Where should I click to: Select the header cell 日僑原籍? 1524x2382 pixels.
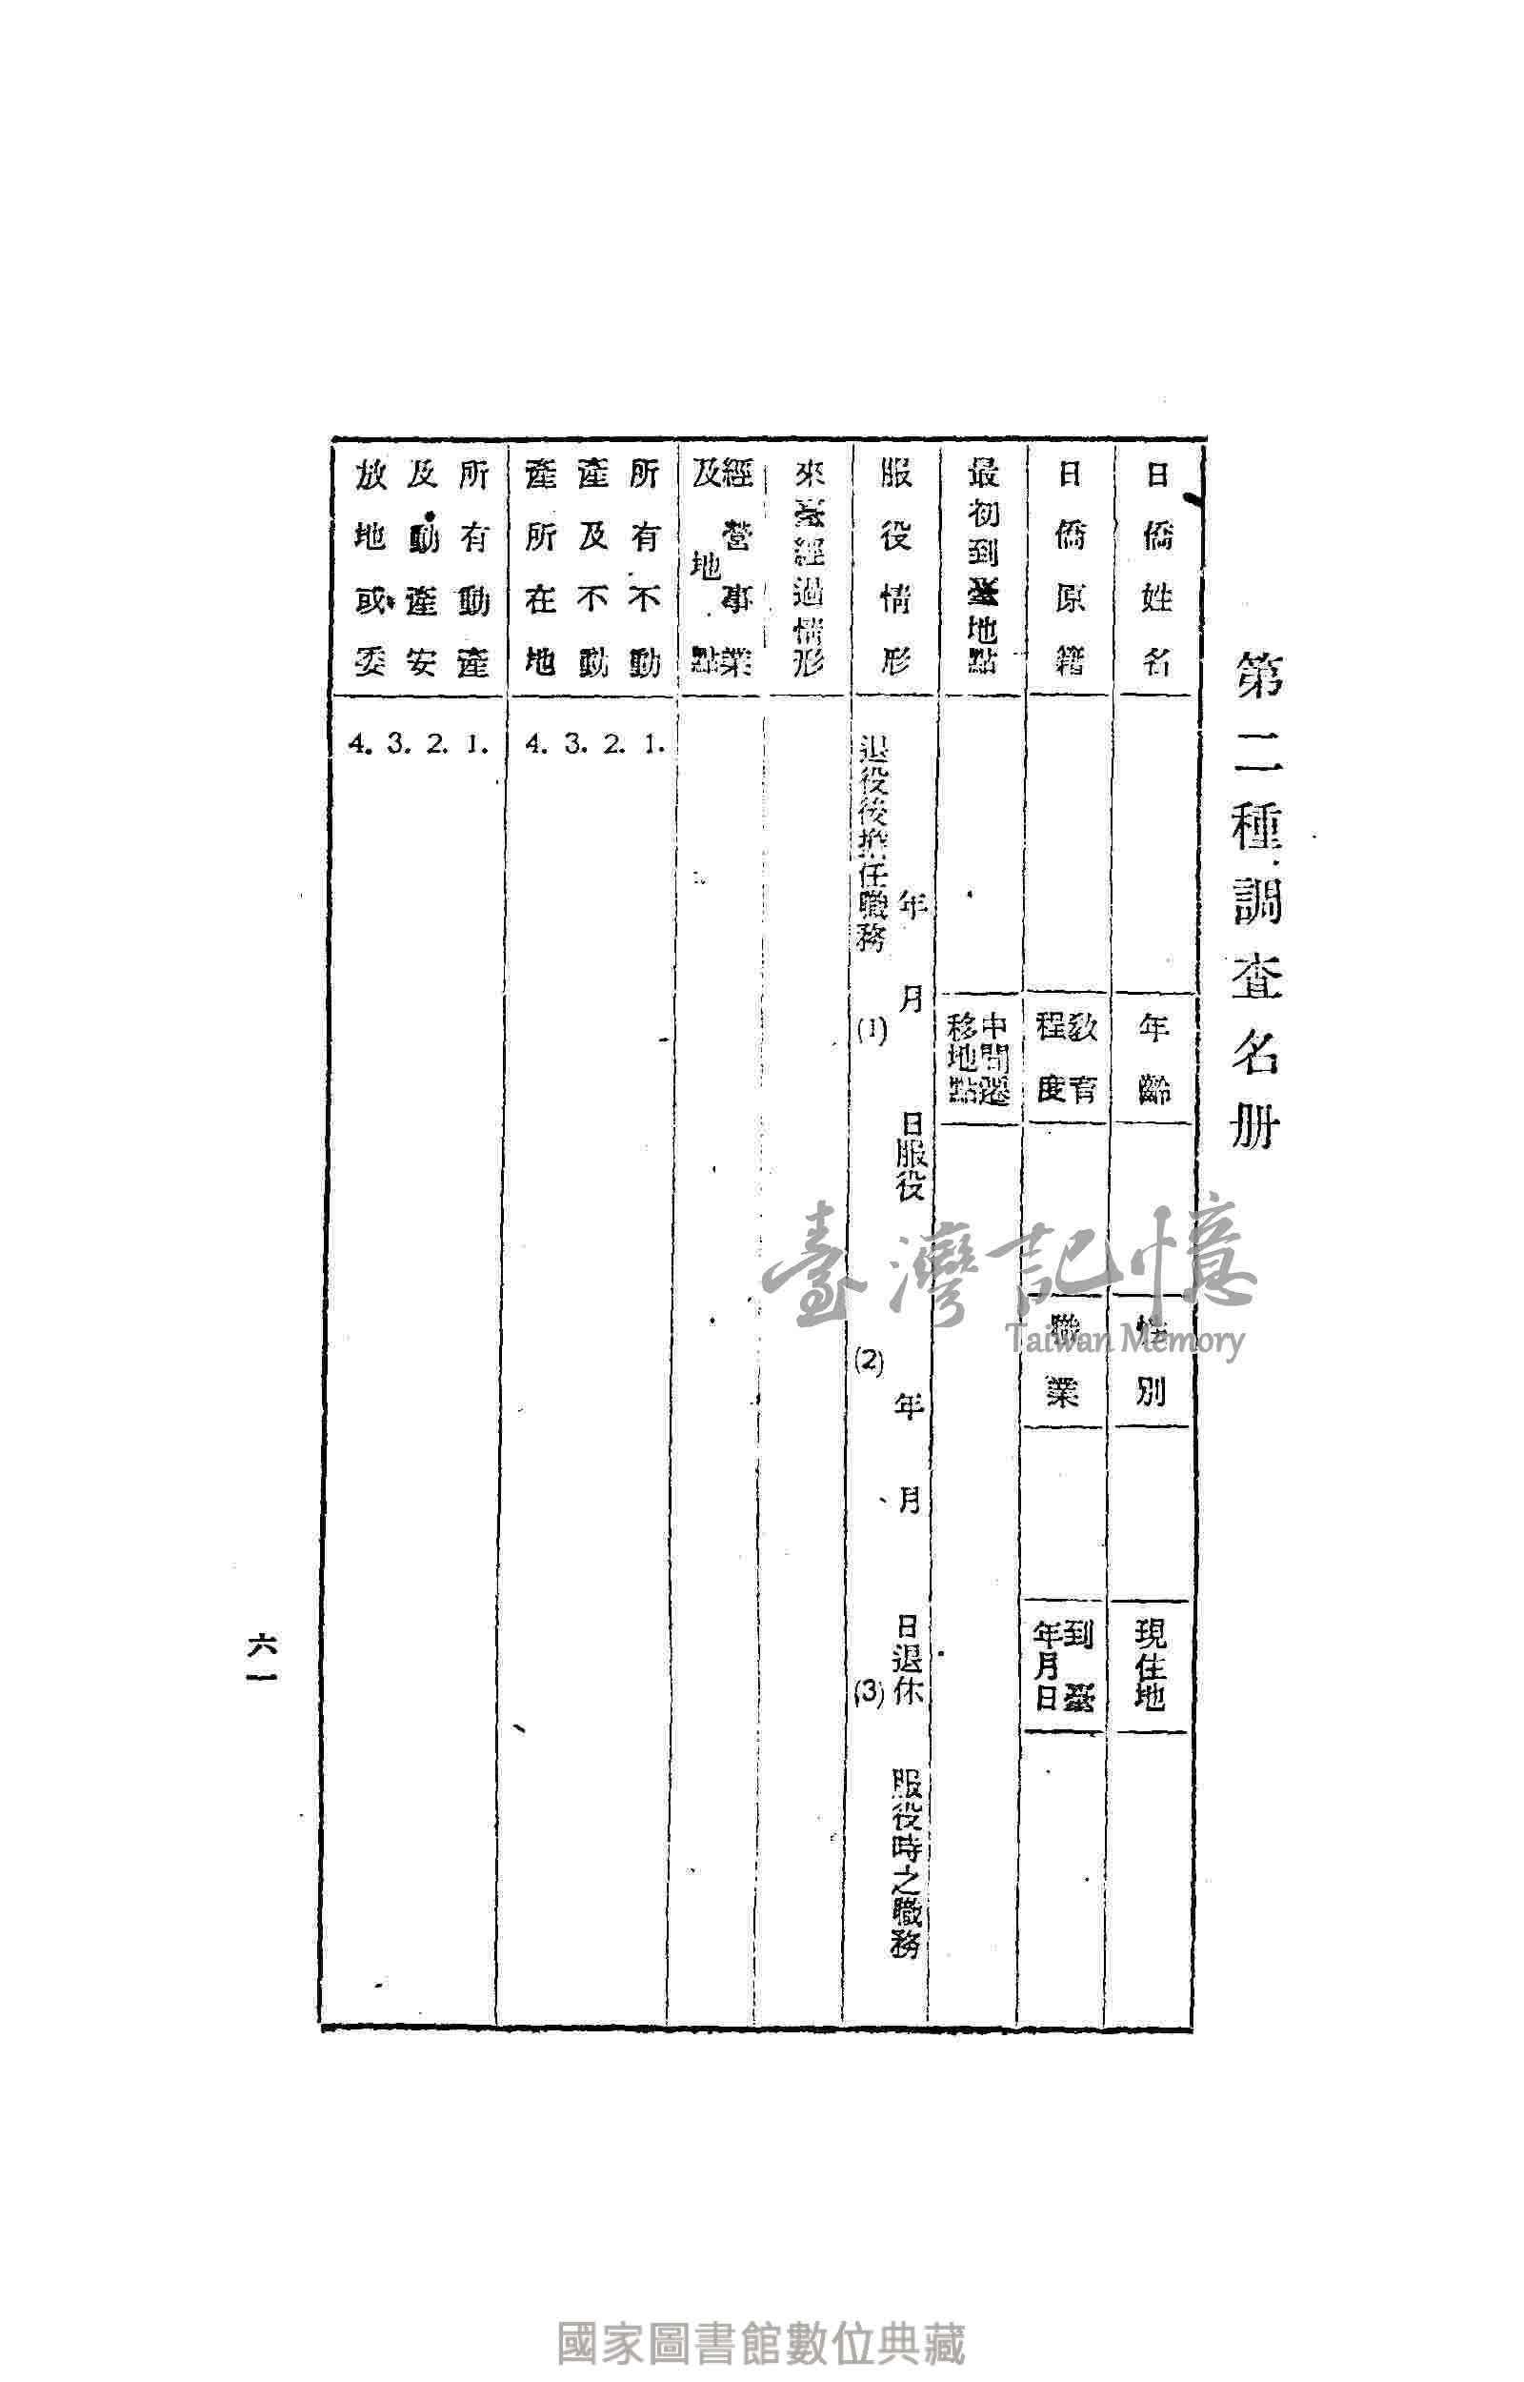(1070, 568)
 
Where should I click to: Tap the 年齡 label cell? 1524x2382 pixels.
(1153, 1059)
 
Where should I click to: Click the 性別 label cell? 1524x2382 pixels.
(1151, 1361)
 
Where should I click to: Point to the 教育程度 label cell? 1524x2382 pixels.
(1066, 1059)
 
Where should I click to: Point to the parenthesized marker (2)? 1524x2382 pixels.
(869, 1362)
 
